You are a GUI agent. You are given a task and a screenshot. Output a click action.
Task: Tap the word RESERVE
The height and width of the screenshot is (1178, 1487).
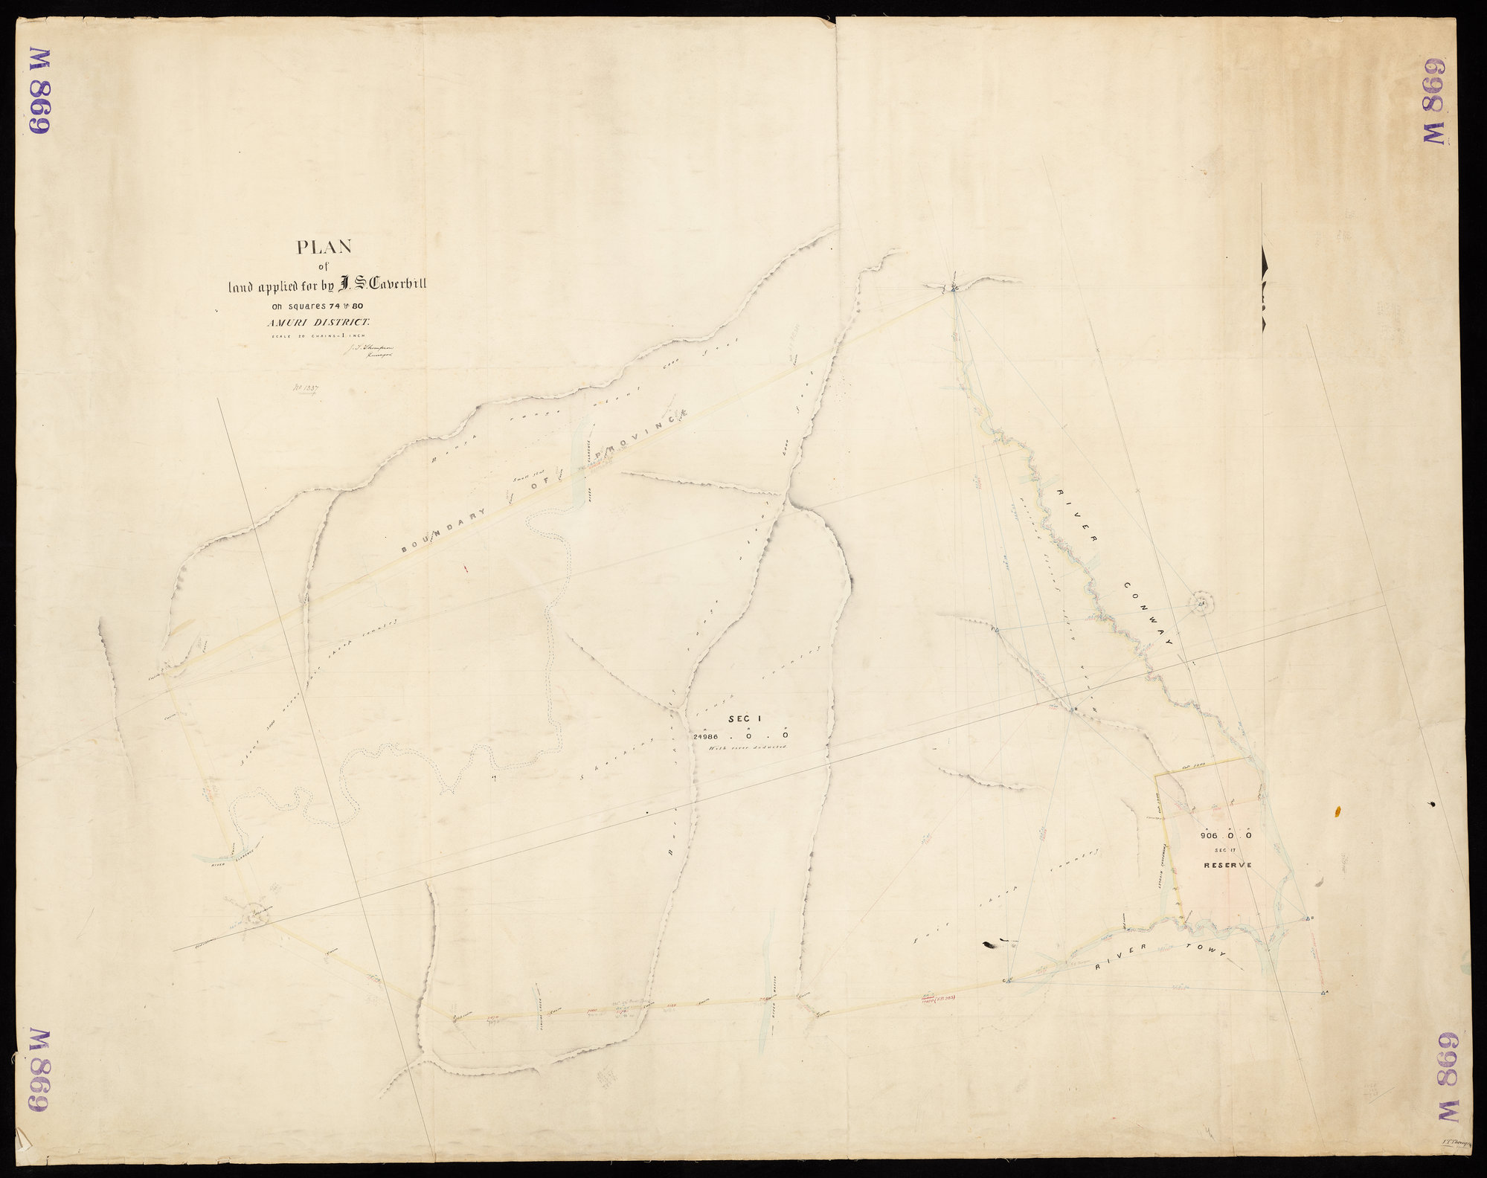point(1228,865)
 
